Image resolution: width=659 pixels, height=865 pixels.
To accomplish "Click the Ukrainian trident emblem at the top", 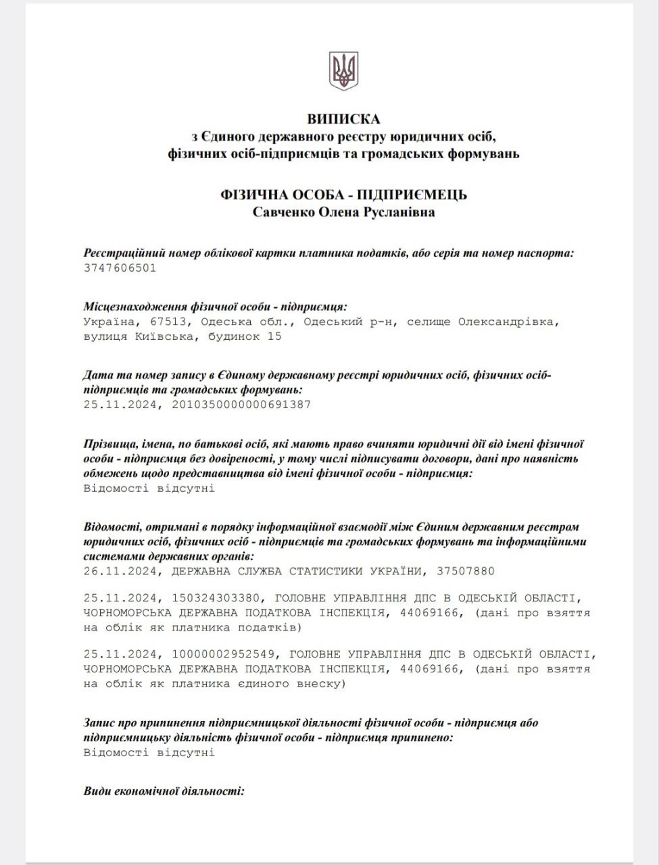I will [343, 70].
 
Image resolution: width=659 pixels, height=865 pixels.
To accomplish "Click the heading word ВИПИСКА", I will [343, 119].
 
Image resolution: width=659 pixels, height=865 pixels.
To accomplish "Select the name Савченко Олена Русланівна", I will [343, 212].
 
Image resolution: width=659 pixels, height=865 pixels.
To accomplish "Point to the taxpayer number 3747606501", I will [120, 268].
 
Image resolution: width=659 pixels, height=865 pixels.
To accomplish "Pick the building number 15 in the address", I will [274, 337].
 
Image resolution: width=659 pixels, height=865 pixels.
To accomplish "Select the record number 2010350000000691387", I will [242, 405].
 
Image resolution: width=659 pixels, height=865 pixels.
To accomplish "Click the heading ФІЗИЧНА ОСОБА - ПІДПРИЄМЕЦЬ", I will [343, 195].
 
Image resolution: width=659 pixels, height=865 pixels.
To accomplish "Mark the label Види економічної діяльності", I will [164, 791].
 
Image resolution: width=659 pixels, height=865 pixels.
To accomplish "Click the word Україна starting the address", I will [108, 322].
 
